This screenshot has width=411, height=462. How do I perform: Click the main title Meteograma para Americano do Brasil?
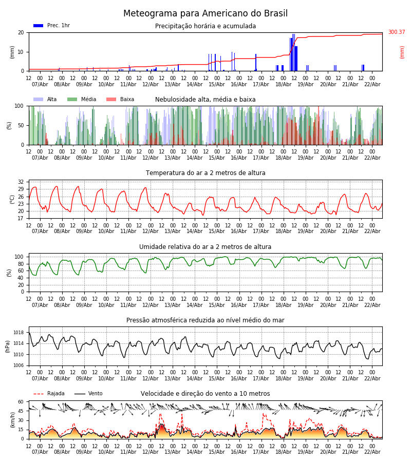tap(206, 14)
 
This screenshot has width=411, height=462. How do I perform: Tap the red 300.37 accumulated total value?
tap(396, 32)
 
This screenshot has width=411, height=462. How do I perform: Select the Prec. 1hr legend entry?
tap(52, 26)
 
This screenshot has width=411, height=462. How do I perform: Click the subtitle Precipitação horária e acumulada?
tap(206, 26)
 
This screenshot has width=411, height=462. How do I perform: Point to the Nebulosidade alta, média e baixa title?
tap(206, 100)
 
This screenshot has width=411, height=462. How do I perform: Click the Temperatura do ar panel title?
tap(206, 173)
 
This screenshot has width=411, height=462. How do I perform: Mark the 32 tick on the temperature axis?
tap(21, 182)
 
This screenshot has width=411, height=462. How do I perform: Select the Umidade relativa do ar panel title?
tap(206, 247)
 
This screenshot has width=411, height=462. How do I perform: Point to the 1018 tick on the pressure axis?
tap(18, 333)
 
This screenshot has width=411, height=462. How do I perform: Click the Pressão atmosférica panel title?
tap(206, 320)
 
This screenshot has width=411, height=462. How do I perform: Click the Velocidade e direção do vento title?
tap(206, 394)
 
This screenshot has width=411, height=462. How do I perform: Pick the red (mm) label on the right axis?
tap(402, 52)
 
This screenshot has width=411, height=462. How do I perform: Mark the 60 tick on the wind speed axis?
tap(21, 402)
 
